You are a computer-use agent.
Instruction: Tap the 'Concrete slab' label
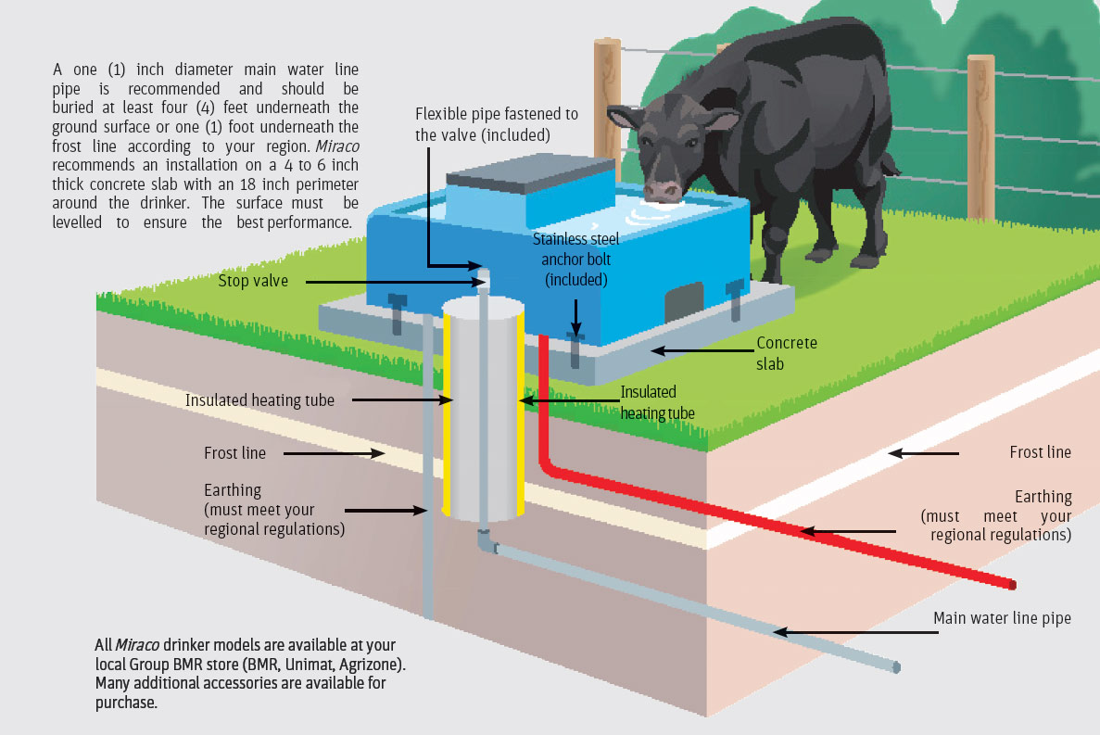pos(787,353)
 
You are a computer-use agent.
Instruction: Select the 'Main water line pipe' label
pos(1002,618)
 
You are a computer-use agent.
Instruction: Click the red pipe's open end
pos(1012,586)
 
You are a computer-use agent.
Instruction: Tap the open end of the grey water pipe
pos(895,666)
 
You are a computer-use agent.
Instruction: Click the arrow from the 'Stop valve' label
pos(388,280)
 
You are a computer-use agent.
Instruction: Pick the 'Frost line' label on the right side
pos(1040,452)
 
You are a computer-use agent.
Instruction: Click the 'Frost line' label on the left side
pos(234,453)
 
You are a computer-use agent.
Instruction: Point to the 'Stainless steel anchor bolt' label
pos(575,259)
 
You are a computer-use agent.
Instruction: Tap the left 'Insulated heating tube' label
pos(259,400)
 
